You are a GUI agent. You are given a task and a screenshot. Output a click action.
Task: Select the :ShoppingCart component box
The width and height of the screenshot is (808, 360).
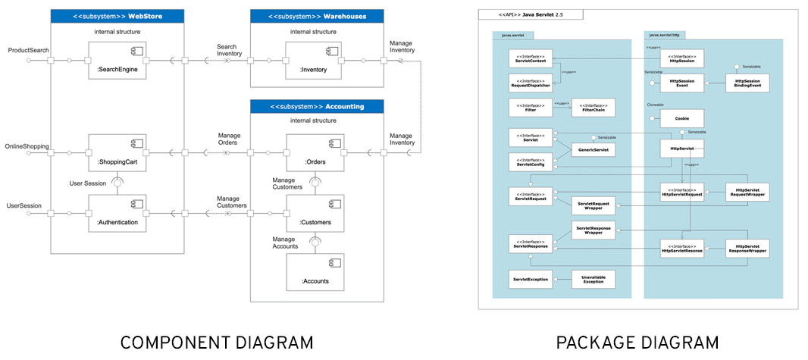(x=117, y=152)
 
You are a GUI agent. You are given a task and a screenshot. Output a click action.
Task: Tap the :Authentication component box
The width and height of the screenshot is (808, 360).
(x=117, y=214)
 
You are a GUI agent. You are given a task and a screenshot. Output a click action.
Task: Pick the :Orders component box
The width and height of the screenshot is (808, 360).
(x=315, y=152)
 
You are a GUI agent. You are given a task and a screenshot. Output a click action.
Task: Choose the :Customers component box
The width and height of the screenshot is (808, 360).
(x=315, y=214)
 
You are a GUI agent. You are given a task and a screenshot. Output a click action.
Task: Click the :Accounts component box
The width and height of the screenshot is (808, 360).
(x=315, y=271)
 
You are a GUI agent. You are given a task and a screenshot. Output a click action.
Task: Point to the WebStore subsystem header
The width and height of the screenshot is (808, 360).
(x=107, y=16)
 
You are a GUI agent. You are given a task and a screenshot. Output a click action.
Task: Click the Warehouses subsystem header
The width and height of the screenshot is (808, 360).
(x=316, y=16)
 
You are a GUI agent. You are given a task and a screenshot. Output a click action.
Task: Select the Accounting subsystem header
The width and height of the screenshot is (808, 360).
(x=316, y=106)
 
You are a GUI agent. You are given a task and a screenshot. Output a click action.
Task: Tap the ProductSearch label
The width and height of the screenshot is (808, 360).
(x=28, y=50)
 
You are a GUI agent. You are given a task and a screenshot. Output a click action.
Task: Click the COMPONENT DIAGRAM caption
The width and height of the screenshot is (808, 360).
(x=217, y=343)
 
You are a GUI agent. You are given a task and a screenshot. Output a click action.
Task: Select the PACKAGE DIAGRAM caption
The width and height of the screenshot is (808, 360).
(x=637, y=343)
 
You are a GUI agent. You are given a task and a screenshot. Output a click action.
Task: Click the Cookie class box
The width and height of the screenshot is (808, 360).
(x=681, y=118)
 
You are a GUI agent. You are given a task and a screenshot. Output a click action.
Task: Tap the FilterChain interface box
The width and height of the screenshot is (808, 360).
(x=593, y=108)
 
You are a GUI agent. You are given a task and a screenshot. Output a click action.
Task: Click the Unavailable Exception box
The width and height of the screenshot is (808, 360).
(x=593, y=280)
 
